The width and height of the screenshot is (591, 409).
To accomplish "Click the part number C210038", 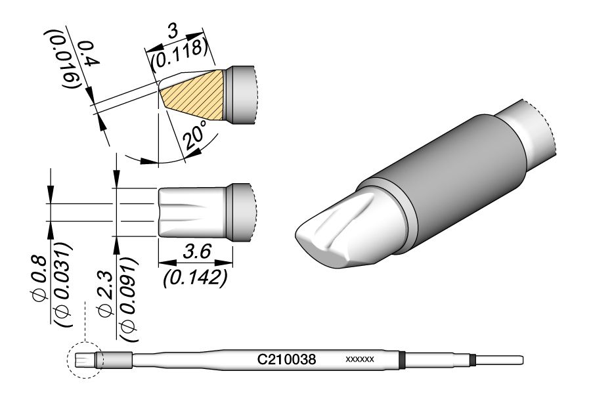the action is (x=286, y=359).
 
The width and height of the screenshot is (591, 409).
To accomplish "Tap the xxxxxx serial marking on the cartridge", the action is (x=360, y=359).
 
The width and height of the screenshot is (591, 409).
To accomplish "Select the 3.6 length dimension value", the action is (x=198, y=251).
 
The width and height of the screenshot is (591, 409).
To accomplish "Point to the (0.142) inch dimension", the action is (x=195, y=278).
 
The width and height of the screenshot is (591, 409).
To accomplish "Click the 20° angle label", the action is (x=195, y=135).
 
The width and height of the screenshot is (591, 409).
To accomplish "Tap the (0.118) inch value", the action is (x=179, y=54).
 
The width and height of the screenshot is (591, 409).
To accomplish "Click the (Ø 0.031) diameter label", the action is (x=63, y=285).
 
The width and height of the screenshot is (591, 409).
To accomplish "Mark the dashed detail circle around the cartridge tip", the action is (x=85, y=360).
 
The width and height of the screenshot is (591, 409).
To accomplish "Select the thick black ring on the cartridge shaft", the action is (x=402, y=359).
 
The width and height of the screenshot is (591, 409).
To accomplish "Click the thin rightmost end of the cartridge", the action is (x=499, y=360).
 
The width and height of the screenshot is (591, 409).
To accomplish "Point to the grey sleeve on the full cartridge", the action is (x=118, y=360).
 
